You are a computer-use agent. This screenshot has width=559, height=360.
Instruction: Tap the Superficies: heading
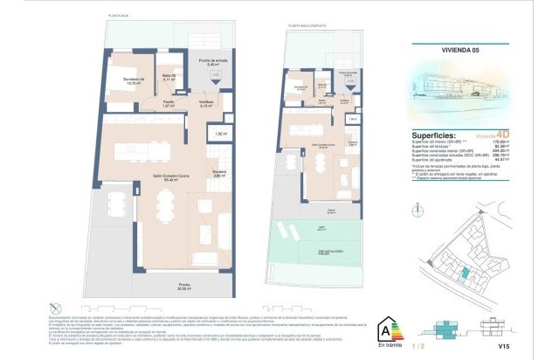pos(433,135)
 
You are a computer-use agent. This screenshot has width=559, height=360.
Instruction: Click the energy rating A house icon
pos(385,332)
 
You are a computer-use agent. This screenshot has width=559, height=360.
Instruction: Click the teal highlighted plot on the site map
pos(465,273)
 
